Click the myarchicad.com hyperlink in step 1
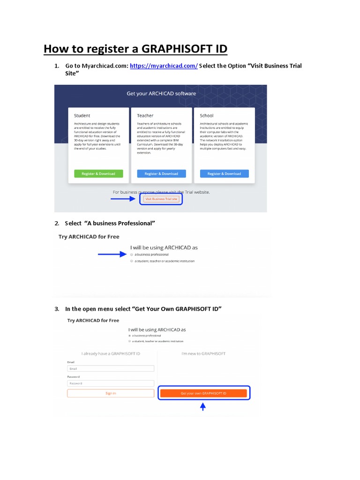164,66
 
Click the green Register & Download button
98,173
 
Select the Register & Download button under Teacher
161,173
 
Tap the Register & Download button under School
224,173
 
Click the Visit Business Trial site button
161,199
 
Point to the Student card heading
82,115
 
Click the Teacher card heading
145,115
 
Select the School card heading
207,115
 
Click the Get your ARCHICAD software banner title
161,93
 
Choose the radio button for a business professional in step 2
132,255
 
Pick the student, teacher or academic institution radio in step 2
132,261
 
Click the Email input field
111,369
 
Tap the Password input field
111,383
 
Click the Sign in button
111,393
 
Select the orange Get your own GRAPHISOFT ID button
203,393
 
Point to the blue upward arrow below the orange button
203,407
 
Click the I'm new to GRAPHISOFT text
203,353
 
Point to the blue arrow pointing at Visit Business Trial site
123,199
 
